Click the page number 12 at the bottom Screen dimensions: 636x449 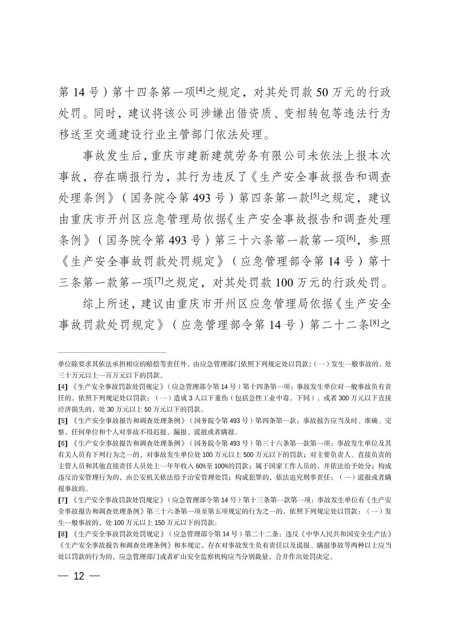click(x=79, y=576)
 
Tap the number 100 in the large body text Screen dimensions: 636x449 click(x=286, y=283)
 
